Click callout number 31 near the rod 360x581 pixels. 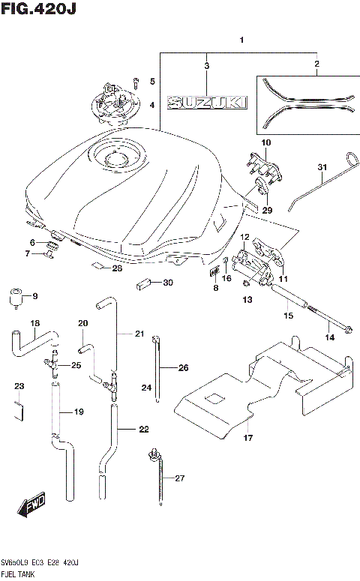322,166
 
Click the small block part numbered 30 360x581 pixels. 144,283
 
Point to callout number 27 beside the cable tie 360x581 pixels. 178,478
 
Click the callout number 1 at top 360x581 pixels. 241,39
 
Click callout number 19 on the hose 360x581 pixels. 78,412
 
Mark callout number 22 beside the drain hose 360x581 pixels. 144,429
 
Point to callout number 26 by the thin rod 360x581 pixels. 184,367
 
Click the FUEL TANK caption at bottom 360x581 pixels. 18,572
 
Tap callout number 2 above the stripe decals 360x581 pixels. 316,64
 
